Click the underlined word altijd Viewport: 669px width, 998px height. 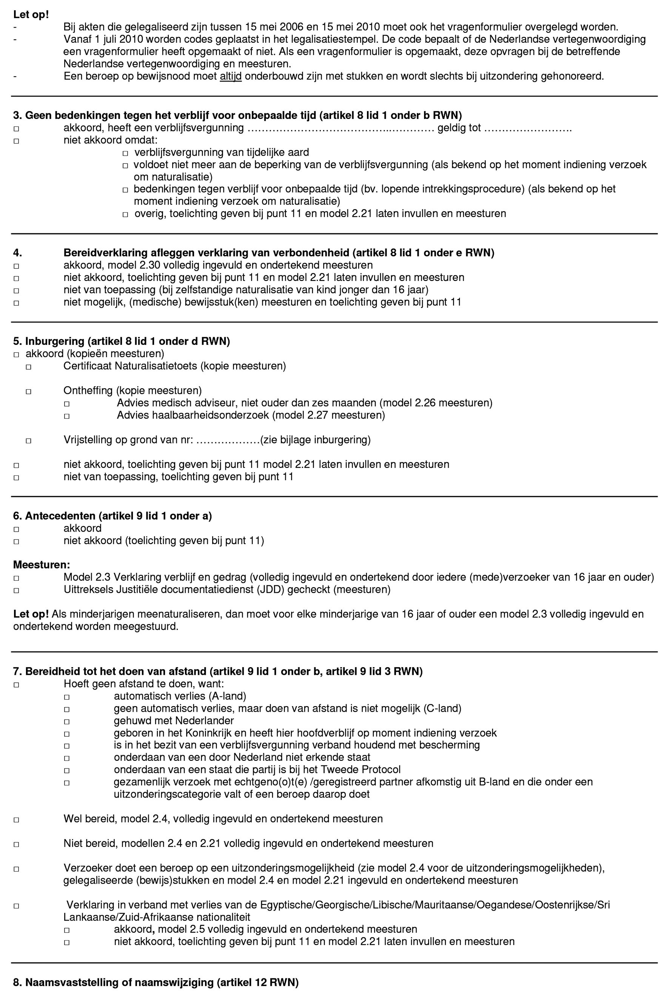pyautogui.click(x=230, y=77)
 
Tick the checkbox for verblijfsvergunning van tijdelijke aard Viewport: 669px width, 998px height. pyautogui.click(x=125, y=153)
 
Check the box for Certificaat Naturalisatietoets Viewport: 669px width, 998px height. pyautogui.click(x=29, y=367)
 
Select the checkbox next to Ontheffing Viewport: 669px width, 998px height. pyautogui.click(x=29, y=391)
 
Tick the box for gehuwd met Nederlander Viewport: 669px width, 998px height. pyautogui.click(x=66, y=722)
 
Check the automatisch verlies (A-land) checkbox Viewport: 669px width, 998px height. pyautogui.click(x=66, y=697)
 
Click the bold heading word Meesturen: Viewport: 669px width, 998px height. pyautogui.click(x=42, y=565)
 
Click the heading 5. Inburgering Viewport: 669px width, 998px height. pyautogui.click(x=121, y=341)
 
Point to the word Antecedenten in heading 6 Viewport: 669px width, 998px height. pyautogui.click(x=60, y=516)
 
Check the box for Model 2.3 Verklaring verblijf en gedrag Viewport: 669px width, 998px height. pyautogui.click(x=16, y=578)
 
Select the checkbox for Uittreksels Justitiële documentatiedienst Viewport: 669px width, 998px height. pyautogui.click(x=16, y=591)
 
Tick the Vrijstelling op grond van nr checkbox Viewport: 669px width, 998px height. pyautogui.click(x=29, y=441)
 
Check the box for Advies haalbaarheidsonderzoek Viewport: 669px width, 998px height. pyautogui.click(x=66, y=416)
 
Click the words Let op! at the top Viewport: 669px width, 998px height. pyautogui.click(x=31, y=14)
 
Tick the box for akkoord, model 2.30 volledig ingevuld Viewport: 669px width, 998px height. pyautogui.click(x=16, y=266)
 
